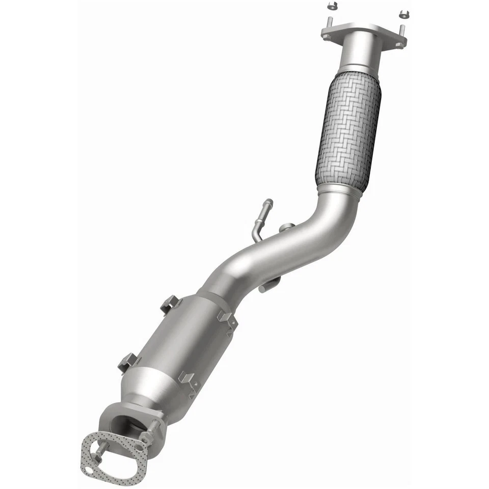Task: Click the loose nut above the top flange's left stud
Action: pyautogui.click(x=331, y=7)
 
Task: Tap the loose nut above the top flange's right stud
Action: pyautogui.click(x=403, y=13)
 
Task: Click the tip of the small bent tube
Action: pyautogui.click(x=268, y=203)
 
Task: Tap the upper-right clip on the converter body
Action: pyautogui.click(x=225, y=319)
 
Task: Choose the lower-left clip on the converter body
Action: pyautogui.click(x=128, y=362)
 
